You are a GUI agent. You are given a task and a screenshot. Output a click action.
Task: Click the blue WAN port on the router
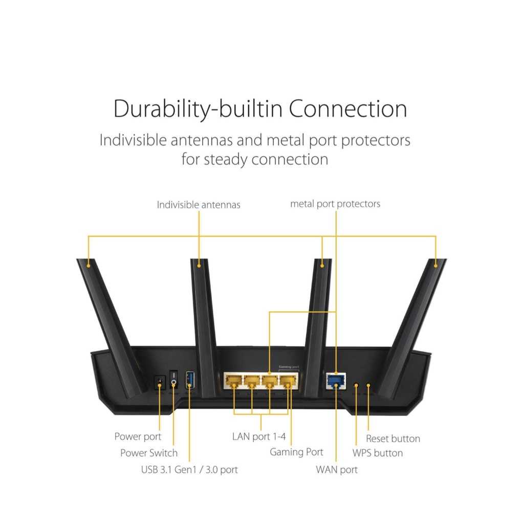point(336,381)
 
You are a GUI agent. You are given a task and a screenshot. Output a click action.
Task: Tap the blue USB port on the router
point(190,380)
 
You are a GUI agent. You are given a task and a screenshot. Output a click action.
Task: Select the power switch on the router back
point(173,380)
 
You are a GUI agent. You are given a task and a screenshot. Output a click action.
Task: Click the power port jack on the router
point(160,382)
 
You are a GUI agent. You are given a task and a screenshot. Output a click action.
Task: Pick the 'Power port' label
point(138,436)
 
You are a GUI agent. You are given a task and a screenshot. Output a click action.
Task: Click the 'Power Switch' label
point(149,453)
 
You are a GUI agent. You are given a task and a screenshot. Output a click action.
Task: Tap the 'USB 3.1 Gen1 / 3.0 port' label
point(189,470)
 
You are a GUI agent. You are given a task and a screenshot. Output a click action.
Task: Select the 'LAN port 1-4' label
point(259,436)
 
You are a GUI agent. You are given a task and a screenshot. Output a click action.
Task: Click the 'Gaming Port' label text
point(296,452)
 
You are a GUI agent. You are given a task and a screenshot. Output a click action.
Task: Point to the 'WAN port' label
point(337,470)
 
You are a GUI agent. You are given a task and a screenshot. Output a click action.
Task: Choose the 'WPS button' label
point(378,453)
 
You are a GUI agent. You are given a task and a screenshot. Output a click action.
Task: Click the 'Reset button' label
point(393,439)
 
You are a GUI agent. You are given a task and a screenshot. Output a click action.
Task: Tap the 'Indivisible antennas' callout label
point(199,205)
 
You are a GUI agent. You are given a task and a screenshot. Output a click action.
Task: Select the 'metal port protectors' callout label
point(335,204)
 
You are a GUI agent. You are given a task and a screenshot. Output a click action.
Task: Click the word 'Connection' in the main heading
point(348,109)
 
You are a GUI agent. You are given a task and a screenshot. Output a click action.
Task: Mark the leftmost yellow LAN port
point(233,381)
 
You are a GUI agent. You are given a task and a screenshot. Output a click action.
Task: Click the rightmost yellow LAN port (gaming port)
point(288,381)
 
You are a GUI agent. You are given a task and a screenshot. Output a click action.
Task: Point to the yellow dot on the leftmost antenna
point(88,266)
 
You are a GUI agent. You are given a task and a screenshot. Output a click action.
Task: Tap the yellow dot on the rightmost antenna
point(435,266)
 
